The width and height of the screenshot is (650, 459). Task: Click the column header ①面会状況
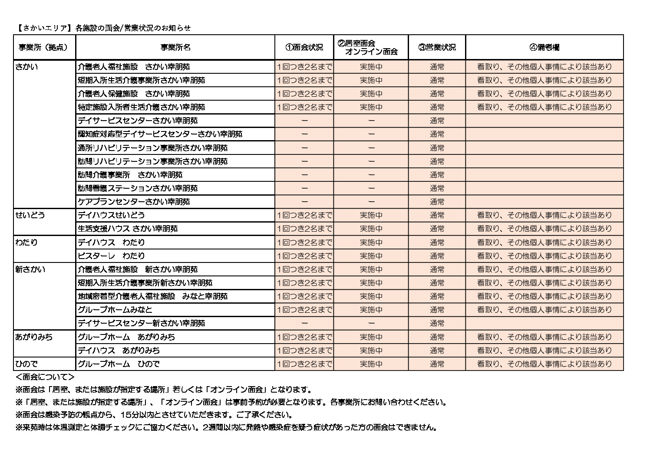coord(304,47)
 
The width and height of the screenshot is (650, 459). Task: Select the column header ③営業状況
coord(437,47)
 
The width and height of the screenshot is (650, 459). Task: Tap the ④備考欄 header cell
coord(544,47)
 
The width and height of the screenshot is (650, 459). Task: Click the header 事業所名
coord(175,47)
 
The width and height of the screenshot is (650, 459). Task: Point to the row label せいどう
coord(30,215)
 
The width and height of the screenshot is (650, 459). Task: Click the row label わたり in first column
coord(26,242)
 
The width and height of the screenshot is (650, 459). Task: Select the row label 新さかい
coord(30,269)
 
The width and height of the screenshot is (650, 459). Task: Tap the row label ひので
coord(26,364)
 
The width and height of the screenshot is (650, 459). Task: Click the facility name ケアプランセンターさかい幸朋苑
coord(133,202)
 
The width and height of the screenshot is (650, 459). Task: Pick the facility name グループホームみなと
coord(115,310)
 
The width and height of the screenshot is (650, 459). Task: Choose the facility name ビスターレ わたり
coord(111,256)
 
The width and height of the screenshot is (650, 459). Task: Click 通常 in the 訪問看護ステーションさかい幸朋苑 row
coord(437,188)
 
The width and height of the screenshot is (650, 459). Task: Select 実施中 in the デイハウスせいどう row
coord(371,215)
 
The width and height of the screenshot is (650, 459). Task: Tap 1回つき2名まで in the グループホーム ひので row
coord(304,364)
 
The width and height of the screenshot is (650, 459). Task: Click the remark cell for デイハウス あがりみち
coord(544,350)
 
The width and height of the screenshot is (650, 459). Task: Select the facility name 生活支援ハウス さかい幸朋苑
coord(128,229)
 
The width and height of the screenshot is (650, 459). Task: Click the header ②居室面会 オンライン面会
coord(371,47)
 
